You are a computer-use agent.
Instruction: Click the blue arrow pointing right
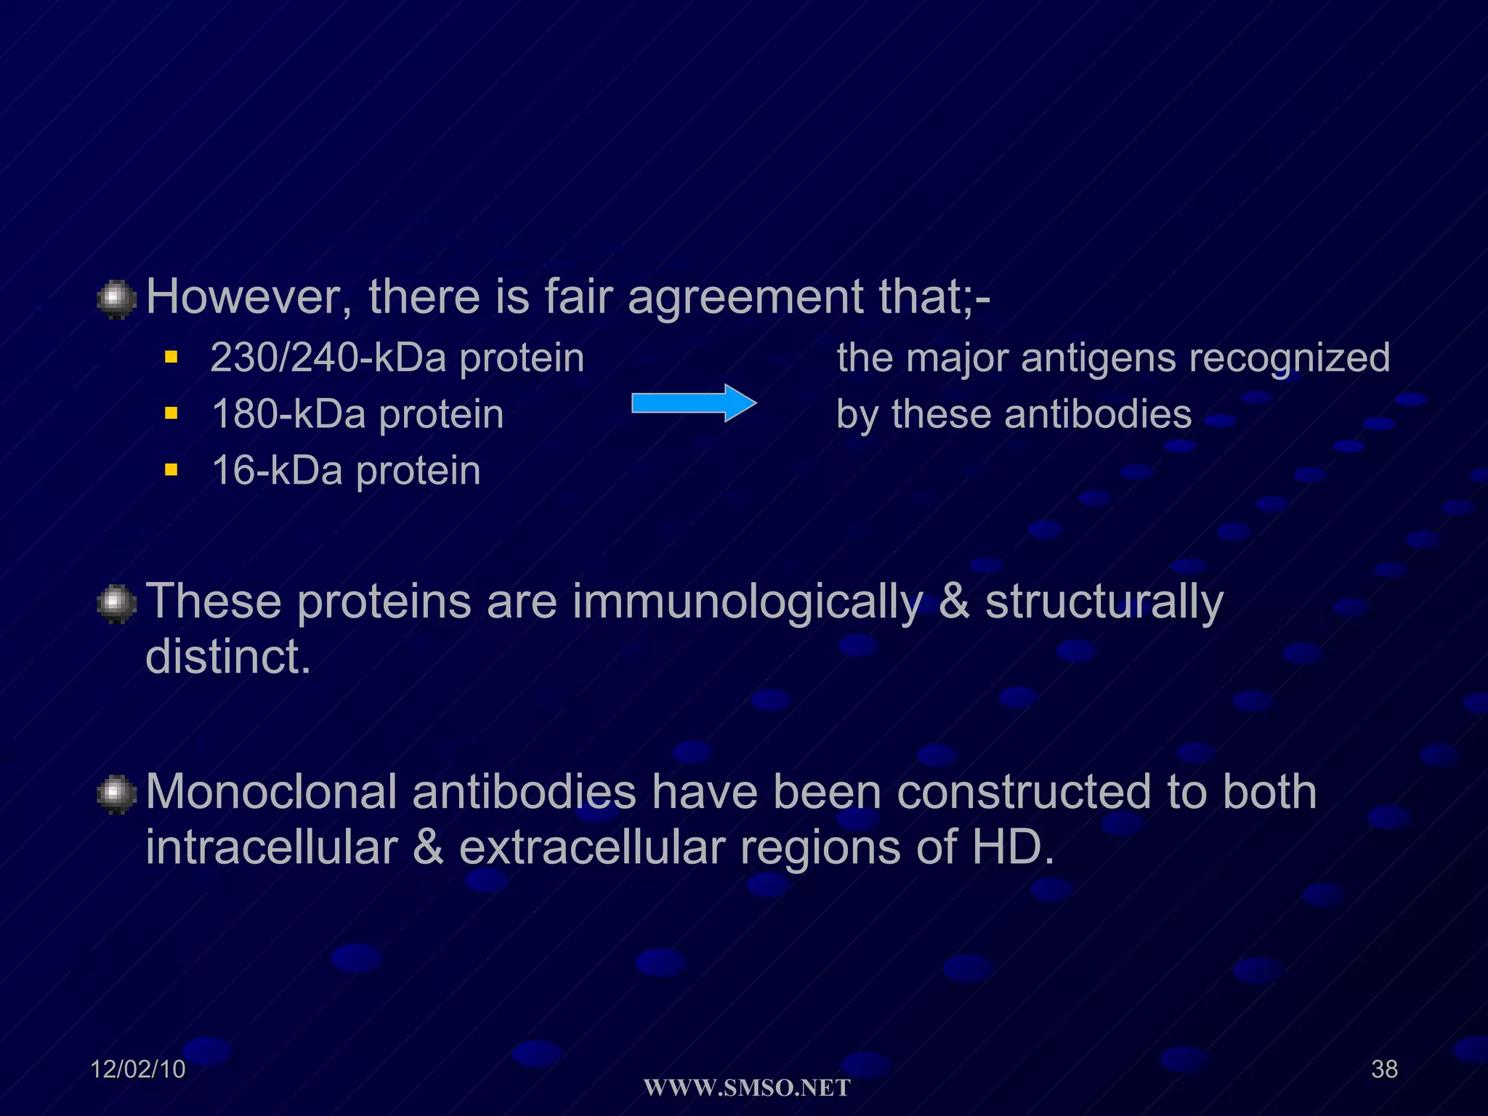coord(694,403)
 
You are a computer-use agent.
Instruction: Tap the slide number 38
coord(1384,1069)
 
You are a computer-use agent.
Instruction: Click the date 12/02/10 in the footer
coord(138,1069)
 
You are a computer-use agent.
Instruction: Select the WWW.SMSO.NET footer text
coord(747,1088)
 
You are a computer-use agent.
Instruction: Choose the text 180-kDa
coord(288,414)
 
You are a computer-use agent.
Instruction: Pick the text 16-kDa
coord(277,470)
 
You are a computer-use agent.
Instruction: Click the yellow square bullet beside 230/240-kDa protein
coord(171,357)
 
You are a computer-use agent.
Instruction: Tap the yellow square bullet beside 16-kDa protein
coord(171,470)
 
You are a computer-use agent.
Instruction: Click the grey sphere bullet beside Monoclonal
coord(116,794)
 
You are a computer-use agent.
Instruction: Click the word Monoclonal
coord(271,791)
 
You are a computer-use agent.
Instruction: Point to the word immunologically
coord(747,602)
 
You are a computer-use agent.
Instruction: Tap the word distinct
coord(228,657)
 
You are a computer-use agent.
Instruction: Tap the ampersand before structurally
coord(954,602)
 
